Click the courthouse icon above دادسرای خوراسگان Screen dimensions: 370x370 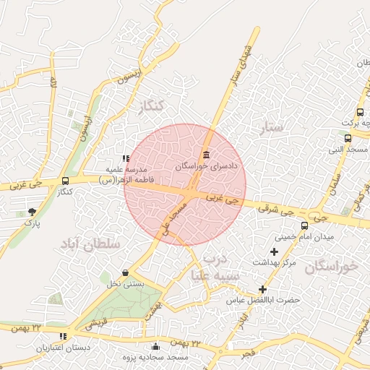207,154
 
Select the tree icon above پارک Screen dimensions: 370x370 32,211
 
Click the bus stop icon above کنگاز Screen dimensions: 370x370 66,181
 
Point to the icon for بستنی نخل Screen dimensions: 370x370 126,272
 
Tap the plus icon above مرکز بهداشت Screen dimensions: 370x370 274,251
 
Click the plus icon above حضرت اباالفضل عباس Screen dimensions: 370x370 262,289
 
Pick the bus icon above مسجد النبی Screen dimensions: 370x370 348,138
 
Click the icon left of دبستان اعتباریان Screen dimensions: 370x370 64,336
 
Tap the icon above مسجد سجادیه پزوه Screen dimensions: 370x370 156,346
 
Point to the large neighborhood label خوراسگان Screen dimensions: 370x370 331,266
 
